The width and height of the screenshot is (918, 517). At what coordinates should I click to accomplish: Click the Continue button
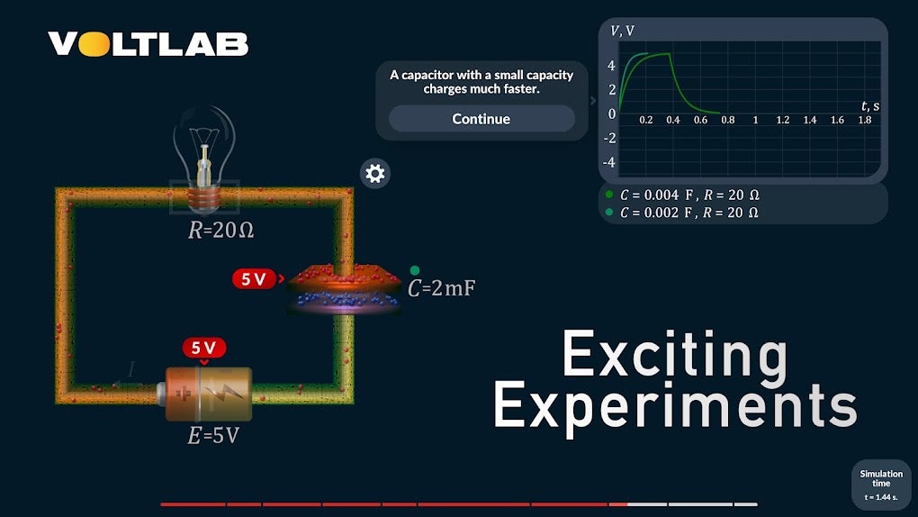(x=481, y=119)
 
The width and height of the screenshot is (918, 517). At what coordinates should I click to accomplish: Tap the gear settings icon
(x=375, y=174)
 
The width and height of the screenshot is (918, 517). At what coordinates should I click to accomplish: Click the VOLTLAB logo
(x=148, y=44)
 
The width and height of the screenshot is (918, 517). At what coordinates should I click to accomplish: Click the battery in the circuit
(x=206, y=393)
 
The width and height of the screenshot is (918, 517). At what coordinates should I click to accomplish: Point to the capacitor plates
(x=345, y=289)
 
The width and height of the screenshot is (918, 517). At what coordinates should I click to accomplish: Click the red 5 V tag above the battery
(x=204, y=348)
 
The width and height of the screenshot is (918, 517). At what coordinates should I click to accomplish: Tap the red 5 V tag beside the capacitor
(x=254, y=279)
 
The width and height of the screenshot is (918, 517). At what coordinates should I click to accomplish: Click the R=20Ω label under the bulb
(x=220, y=231)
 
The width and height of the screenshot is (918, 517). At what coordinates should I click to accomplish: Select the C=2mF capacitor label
(x=441, y=289)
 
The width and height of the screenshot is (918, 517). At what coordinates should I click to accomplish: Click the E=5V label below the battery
(x=213, y=437)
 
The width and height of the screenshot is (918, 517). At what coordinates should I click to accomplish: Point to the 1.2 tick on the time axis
(x=783, y=120)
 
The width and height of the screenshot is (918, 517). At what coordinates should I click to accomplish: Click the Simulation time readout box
(x=881, y=485)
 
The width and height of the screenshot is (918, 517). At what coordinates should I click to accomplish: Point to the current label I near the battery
(x=131, y=369)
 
